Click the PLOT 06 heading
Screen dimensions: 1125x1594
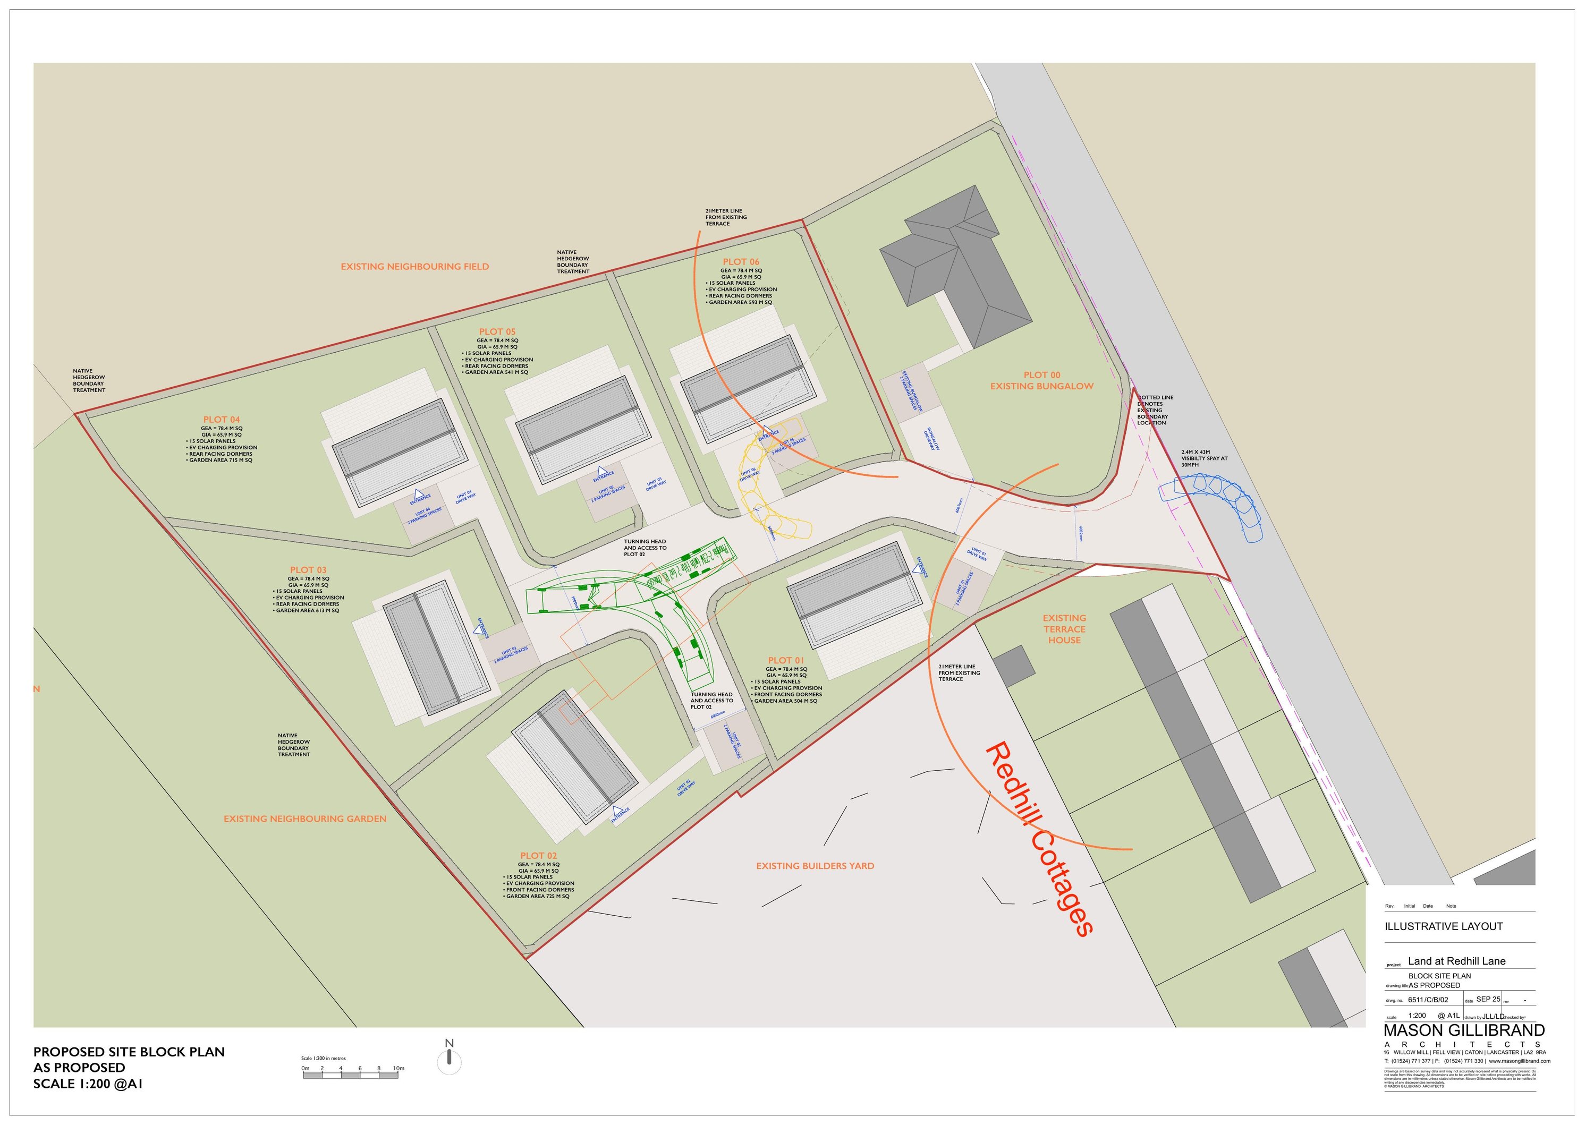pos(741,262)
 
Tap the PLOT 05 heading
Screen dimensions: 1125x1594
pos(497,332)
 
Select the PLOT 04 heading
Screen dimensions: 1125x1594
pos(222,420)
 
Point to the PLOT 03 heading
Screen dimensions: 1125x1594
pos(308,570)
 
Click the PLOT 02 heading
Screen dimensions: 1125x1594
pos(538,856)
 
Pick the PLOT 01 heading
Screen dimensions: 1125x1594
pos(786,660)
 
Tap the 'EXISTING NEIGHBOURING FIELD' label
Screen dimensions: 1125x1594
pos(414,267)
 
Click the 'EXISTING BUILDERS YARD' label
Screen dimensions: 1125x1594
pos(815,866)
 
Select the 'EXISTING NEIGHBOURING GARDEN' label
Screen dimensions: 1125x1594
pos(305,819)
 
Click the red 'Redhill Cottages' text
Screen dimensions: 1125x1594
pos(1039,839)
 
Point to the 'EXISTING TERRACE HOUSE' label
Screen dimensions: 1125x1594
pos(1064,629)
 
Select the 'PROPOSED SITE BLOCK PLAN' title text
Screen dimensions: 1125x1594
pos(129,1052)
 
